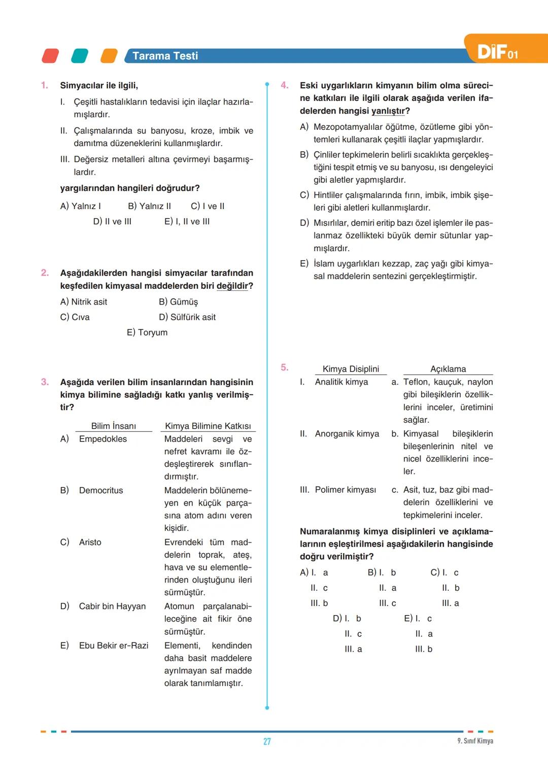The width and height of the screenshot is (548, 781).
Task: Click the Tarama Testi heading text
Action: coord(165,56)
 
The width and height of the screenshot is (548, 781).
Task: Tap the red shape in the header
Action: coord(50,56)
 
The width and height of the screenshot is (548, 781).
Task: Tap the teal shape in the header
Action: coord(80,56)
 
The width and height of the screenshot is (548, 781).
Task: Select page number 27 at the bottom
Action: coord(267,741)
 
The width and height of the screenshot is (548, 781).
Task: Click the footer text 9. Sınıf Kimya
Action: coord(475,741)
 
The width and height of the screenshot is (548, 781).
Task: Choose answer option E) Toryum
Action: coord(147,332)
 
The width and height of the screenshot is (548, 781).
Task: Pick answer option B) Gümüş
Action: coord(178,302)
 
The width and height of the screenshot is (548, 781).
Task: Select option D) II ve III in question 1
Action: coord(112,222)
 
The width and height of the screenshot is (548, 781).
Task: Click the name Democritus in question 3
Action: coord(101,491)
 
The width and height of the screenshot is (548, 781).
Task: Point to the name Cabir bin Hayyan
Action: coord(112,606)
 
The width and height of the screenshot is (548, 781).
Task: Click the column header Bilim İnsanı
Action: coord(114,426)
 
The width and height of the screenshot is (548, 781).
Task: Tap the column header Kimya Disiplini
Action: coord(351,369)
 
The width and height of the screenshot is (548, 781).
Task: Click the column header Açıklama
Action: coord(448,369)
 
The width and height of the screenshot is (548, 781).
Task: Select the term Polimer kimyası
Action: coord(345,490)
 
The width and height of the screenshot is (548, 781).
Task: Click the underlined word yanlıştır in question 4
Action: coord(388,111)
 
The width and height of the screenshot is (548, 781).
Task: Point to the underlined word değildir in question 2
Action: coord(232,286)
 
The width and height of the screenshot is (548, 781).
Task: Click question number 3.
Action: coord(45,382)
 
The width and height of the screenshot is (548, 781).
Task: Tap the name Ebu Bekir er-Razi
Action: coord(114,646)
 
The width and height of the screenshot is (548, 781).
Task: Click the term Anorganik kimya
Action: coord(347,434)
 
